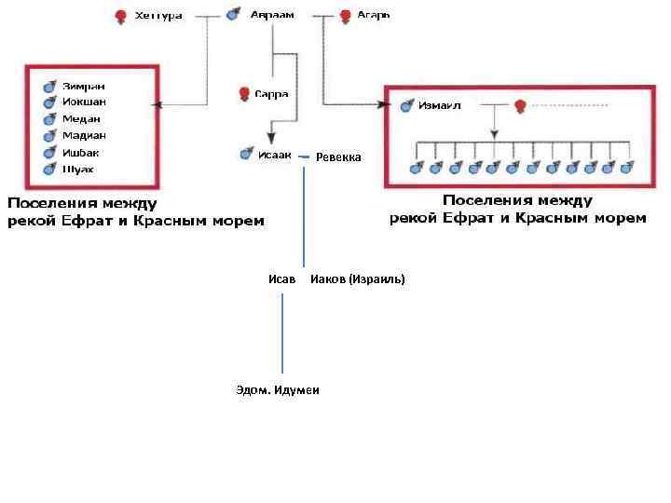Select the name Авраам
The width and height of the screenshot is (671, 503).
click(272, 15)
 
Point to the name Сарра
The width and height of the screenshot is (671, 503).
click(271, 93)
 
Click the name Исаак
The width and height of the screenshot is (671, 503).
click(275, 155)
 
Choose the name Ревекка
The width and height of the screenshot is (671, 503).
click(338, 156)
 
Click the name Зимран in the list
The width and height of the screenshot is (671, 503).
click(84, 85)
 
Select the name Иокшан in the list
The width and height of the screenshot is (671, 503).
click(85, 102)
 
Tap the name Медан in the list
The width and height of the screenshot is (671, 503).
click(82, 118)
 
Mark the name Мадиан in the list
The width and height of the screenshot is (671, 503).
click(84, 135)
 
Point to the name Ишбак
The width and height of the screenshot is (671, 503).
click(81, 152)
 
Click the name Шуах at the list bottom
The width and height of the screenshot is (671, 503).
click(78, 169)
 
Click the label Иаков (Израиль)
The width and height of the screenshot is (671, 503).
click(358, 279)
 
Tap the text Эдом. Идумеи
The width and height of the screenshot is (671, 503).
click(278, 389)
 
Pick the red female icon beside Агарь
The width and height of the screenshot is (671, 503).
click(346, 16)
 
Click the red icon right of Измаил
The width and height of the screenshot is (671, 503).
click(521, 105)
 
